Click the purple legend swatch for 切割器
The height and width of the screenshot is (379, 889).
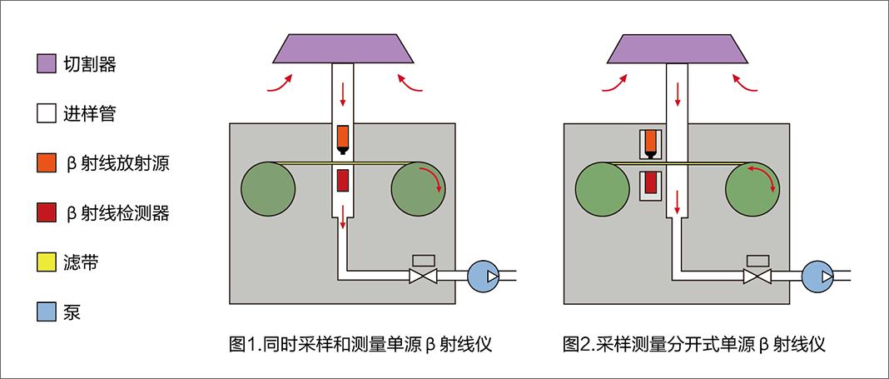tap(47, 64)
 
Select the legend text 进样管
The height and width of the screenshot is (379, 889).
tap(89, 114)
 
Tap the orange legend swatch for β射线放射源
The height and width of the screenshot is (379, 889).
tap(47, 163)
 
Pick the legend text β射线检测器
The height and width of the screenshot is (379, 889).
tap(117, 213)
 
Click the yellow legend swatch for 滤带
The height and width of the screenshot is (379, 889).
tap(47, 263)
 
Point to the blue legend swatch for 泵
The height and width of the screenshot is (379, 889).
tap(47, 313)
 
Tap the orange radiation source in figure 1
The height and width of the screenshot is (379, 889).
tap(343, 137)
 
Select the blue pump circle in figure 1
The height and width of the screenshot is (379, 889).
tap(482, 276)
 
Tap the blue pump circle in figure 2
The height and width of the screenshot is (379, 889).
tap(817, 276)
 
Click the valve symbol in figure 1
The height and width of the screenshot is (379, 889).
tap(423, 276)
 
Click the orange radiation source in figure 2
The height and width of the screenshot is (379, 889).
tap(651, 142)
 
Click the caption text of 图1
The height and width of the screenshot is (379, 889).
tap(360, 343)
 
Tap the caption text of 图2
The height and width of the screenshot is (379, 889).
tap(694, 343)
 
